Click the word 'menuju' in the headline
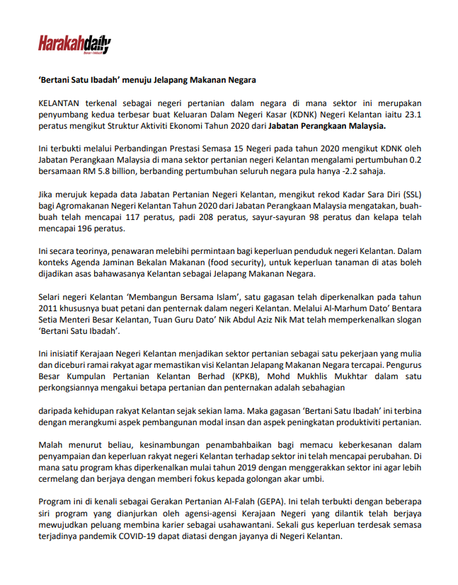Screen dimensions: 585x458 (139, 80)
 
